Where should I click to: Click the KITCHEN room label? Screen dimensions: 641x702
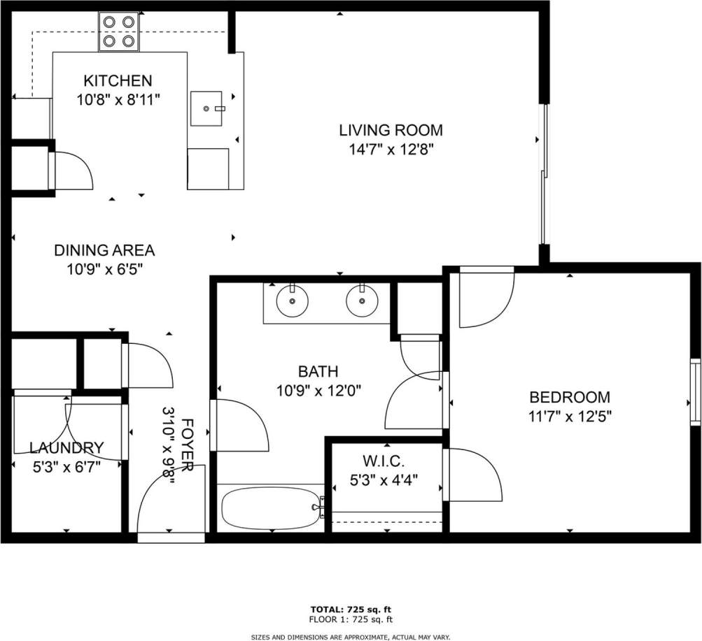click(118, 80)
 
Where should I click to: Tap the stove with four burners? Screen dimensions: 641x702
click(118, 31)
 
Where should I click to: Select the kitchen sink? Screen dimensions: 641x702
click(206, 108)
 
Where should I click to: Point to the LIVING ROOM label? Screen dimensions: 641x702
click(391, 130)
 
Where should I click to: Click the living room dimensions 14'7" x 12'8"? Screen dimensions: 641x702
click(391, 149)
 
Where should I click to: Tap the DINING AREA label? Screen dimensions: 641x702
click(104, 250)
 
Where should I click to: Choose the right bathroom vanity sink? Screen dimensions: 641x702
click(362, 301)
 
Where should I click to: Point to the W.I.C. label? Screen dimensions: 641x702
click(384, 461)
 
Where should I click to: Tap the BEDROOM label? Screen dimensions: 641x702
click(569, 398)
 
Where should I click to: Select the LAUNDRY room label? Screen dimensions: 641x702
click(66, 448)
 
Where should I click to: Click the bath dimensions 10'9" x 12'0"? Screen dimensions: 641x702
click(318, 391)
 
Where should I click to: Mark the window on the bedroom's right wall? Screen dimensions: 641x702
click(694, 391)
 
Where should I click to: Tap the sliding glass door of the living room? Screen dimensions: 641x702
click(544, 174)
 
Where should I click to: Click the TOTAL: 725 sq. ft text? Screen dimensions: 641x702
click(351, 609)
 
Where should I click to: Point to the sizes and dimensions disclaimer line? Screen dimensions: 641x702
click(351, 637)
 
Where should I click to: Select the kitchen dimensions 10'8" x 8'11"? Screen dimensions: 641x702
click(118, 99)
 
